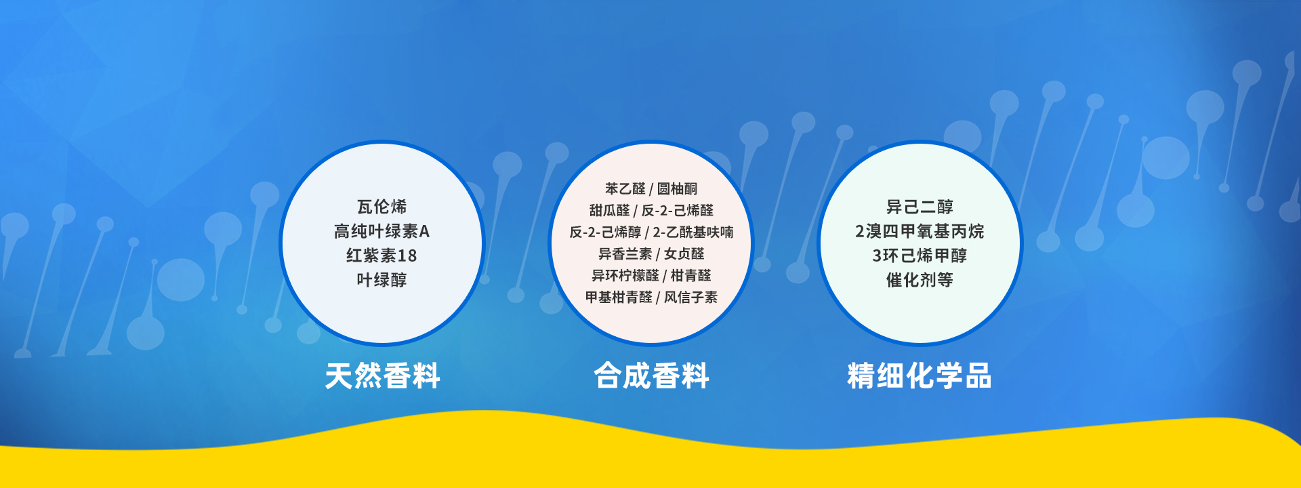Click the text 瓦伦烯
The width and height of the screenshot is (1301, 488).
(381, 207)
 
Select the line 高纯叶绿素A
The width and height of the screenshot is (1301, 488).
(381, 231)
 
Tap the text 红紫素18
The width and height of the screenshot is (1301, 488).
(381, 256)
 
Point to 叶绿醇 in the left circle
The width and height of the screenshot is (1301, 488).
(381, 280)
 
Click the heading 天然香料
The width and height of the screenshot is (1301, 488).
(382, 375)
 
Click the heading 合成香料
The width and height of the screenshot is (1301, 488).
(651, 375)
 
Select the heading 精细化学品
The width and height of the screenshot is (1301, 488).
(920, 375)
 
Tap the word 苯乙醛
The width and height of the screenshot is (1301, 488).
(625, 188)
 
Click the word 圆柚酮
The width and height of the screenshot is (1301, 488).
(677, 188)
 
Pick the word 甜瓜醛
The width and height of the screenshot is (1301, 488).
(609, 210)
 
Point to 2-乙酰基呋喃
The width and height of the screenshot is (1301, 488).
(693, 232)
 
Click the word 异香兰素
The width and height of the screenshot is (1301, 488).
(625, 253)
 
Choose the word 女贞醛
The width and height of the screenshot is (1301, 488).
(684, 253)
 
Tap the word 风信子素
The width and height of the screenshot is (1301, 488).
(690, 297)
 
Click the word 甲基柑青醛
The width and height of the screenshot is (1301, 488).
(619, 297)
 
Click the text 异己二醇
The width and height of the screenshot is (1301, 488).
(920, 207)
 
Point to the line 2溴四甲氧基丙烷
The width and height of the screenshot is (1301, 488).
(920, 231)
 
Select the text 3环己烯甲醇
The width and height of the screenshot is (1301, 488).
(920, 256)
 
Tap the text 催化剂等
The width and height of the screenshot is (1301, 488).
(920, 280)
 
